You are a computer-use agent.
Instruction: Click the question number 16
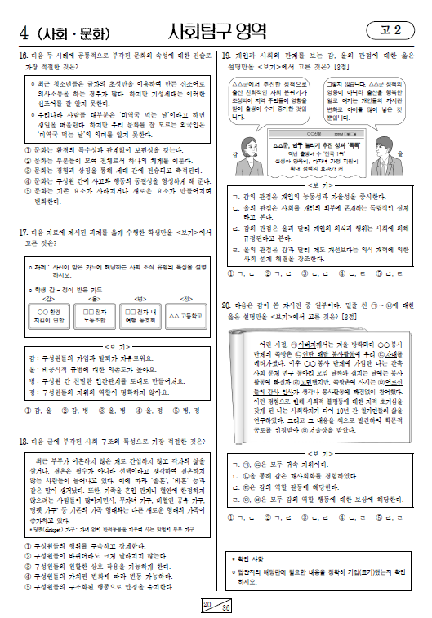pyautogui.click(x=23, y=54)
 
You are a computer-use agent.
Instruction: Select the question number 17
pyautogui.click(x=23, y=233)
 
